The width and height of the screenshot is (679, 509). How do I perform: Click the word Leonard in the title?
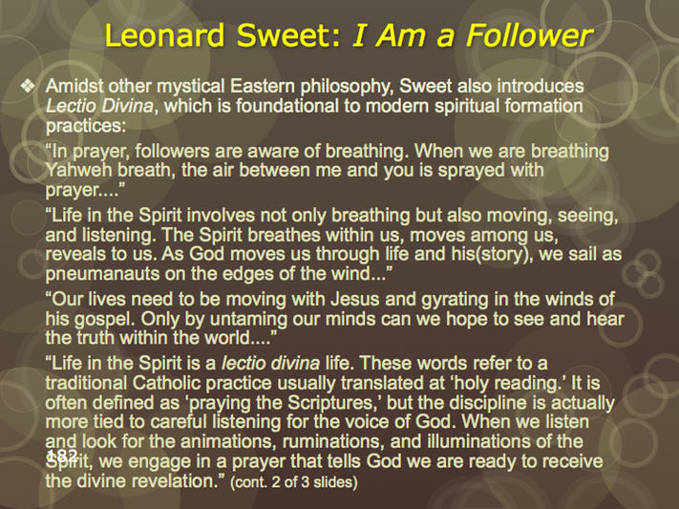(x=164, y=35)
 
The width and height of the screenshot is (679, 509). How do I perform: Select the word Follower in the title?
(x=529, y=35)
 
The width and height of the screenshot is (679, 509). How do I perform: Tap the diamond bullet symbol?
(x=28, y=86)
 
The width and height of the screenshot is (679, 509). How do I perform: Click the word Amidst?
(x=74, y=86)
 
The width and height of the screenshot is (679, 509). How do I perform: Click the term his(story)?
(x=492, y=255)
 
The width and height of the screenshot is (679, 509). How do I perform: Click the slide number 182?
(x=62, y=455)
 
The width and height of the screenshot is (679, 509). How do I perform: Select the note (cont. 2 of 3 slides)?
(x=294, y=482)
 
